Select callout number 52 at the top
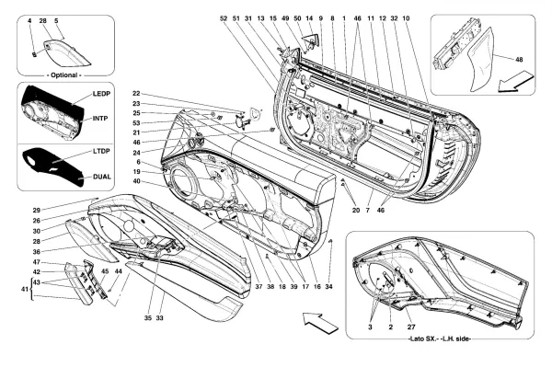click(223, 18)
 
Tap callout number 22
click(135, 95)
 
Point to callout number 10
click(406, 18)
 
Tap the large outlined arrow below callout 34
click(316, 321)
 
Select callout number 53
click(135, 122)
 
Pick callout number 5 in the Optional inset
click(56, 19)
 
